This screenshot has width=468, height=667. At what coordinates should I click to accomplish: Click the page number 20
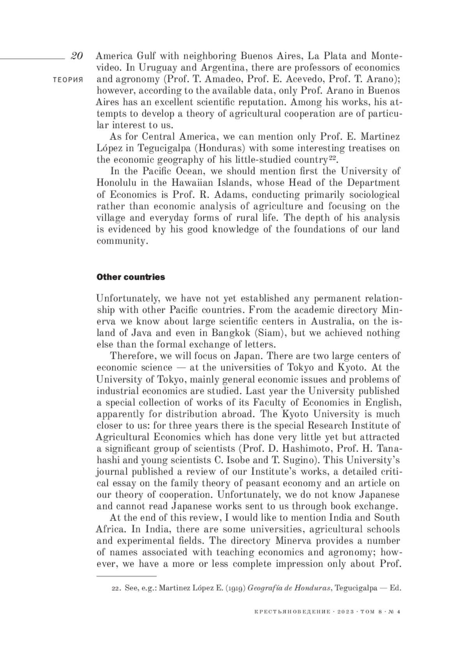point(76,56)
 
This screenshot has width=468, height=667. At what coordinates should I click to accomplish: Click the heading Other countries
point(131,277)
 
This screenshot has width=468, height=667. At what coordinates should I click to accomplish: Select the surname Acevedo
point(301,79)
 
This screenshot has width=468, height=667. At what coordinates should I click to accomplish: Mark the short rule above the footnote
point(126,576)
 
